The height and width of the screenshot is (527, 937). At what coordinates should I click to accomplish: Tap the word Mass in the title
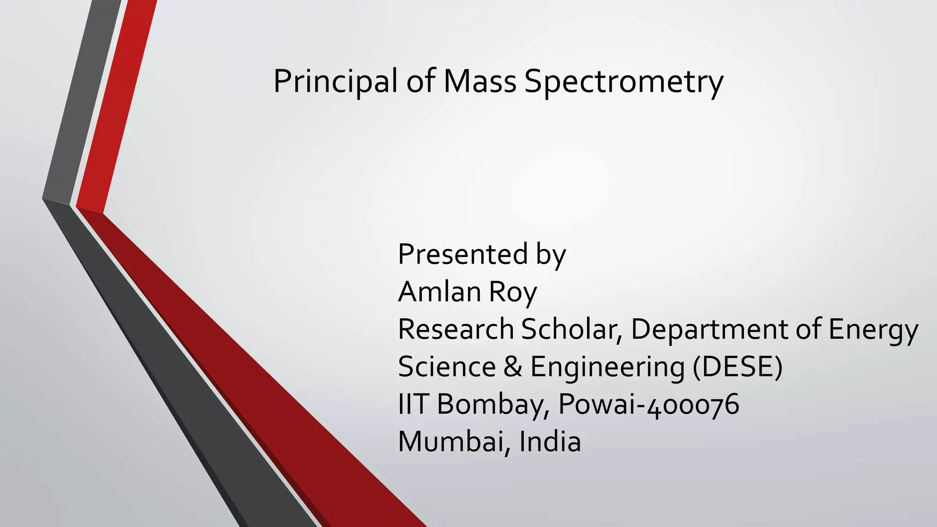pos(479,81)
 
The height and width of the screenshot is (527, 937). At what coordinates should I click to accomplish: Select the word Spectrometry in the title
pos(624,82)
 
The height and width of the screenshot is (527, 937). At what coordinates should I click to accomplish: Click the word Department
pos(709,330)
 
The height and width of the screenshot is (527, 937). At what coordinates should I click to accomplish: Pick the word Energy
pos(873,330)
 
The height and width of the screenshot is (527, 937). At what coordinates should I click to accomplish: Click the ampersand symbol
pos(513,367)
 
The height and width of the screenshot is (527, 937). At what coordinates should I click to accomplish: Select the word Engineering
pos(607,368)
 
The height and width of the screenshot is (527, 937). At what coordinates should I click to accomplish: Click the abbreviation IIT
pos(413,404)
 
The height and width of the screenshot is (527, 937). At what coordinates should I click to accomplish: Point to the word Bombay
pos(493,405)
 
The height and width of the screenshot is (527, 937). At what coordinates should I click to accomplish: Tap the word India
pos(549,442)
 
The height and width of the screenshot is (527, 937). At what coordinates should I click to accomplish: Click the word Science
pos(447,367)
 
